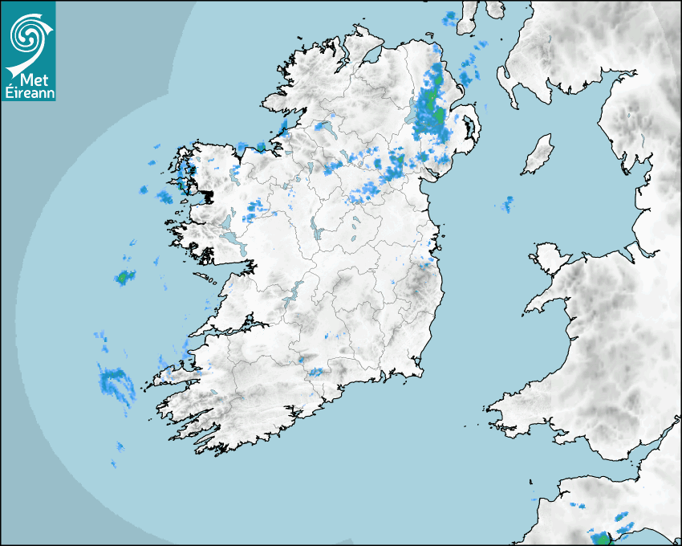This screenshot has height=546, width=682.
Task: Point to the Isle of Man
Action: coord(538,154)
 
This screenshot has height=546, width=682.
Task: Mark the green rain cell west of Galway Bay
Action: coord(124,278)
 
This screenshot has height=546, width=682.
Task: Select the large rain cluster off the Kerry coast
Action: coord(115,381)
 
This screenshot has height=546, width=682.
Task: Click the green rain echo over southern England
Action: coord(600,536)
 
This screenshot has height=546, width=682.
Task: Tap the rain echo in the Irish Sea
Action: coord(508,204)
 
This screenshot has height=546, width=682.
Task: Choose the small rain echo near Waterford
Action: coord(316,372)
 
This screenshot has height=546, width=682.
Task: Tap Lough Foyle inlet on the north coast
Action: coord(371,56)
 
